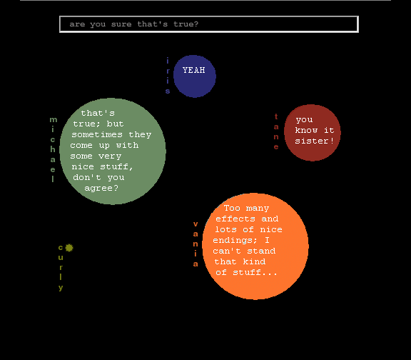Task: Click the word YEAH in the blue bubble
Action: click(x=193, y=70)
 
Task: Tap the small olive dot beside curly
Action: click(x=69, y=248)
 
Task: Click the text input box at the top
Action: click(x=209, y=24)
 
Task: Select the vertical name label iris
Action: click(x=168, y=76)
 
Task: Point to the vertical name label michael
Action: click(x=53, y=149)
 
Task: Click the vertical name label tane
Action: click(x=276, y=131)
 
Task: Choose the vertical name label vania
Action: click(x=196, y=244)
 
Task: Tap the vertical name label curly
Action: click(x=61, y=268)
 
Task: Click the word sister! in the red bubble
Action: click(x=314, y=141)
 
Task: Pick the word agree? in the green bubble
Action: click(x=101, y=188)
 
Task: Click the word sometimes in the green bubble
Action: click(x=97, y=134)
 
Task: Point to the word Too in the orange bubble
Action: click(x=232, y=208)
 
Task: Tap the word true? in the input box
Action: click(x=186, y=24)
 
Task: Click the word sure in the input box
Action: click(x=121, y=24)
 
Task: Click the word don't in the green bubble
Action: click(x=87, y=177)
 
